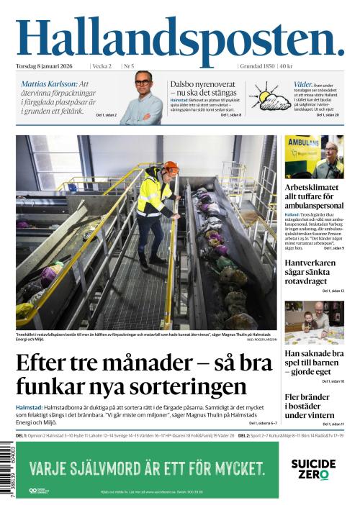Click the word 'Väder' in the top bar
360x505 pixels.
[302, 84]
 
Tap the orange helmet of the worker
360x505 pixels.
[170, 168]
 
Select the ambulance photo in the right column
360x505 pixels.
[314, 156]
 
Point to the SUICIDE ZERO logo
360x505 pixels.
[313, 468]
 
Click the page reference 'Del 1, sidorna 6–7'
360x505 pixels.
[263, 424]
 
